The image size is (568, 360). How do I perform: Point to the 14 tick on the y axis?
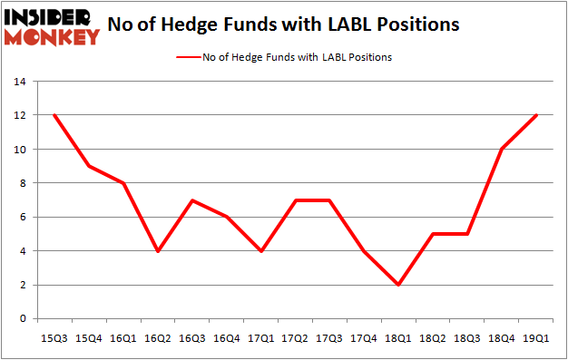click(x=21, y=82)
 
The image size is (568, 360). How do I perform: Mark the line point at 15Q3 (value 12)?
click(x=54, y=115)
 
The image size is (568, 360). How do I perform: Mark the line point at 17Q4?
click(x=366, y=251)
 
